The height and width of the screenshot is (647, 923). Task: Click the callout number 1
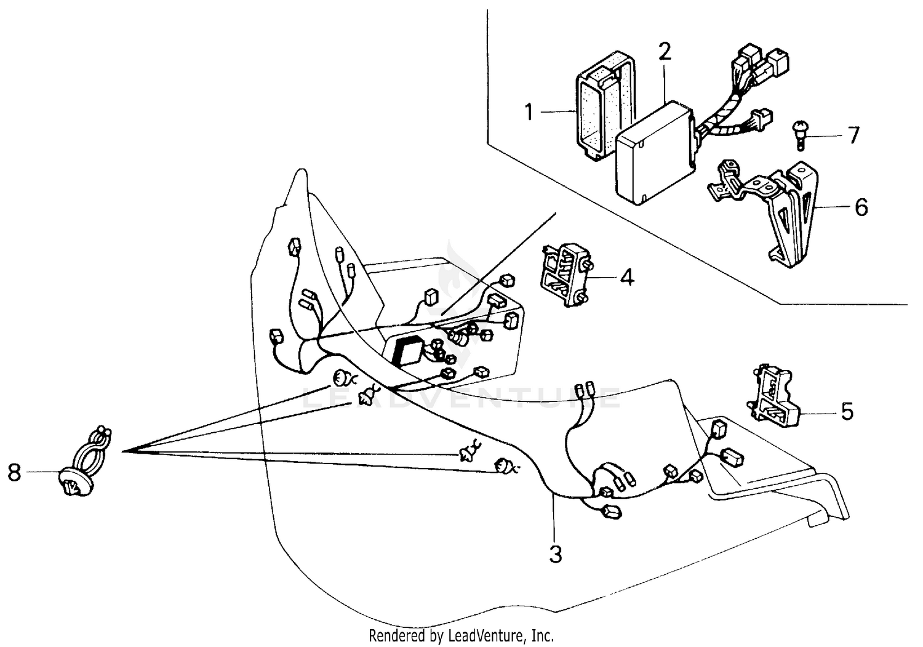pos(529,113)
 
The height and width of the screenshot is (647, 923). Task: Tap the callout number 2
pos(664,52)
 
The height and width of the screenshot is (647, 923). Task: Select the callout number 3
pos(556,554)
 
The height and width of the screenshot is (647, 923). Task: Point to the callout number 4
pos(626,278)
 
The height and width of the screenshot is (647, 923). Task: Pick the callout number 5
pos(847,411)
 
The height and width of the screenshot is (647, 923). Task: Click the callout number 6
pos(861,207)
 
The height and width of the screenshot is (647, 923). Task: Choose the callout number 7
pos(853,135)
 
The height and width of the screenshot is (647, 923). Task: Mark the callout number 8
pos(14,472)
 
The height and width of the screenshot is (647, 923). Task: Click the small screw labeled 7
pos(799,135)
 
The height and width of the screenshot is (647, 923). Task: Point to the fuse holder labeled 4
pos(563,275)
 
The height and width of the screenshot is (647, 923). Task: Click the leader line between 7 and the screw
pos(825,135)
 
